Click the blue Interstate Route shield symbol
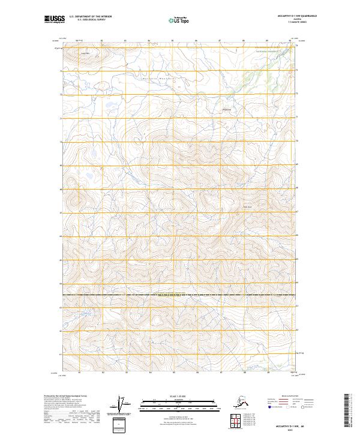269,407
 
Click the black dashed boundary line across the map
180,295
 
